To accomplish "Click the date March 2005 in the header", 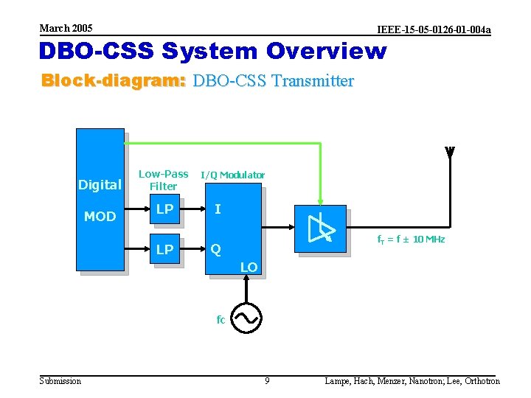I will [66, 28].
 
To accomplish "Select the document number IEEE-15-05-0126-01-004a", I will [434, 30].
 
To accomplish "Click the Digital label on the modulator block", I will [100, 185].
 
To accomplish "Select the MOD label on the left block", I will [100, 217].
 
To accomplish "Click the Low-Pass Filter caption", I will [164, 180].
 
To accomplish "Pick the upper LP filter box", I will [165, 210].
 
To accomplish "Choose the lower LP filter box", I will [165, 250].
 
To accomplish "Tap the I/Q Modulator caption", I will [232, 175].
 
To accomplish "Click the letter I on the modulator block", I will [217, 209].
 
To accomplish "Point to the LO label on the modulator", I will [249, 267].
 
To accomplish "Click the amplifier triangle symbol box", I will [320, 228].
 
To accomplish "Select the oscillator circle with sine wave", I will [245, 318].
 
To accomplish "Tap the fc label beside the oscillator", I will [221, 320].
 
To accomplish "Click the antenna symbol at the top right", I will [450, 152].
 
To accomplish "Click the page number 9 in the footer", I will [267, 381].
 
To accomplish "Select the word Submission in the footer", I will [60, 381].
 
